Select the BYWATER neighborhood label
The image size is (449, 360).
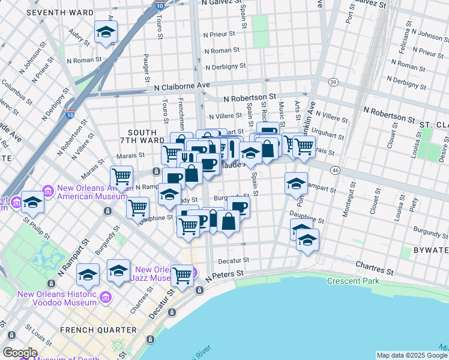click(x=430, y=249)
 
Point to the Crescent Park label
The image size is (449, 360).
click(x=354, y=281)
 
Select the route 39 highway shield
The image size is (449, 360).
click(x=333, y=81)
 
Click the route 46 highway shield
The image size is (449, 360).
click(x=335, y=171)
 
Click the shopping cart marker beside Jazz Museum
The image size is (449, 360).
click(x=182, y=275)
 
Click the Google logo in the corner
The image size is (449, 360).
click(x=19, y=353)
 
